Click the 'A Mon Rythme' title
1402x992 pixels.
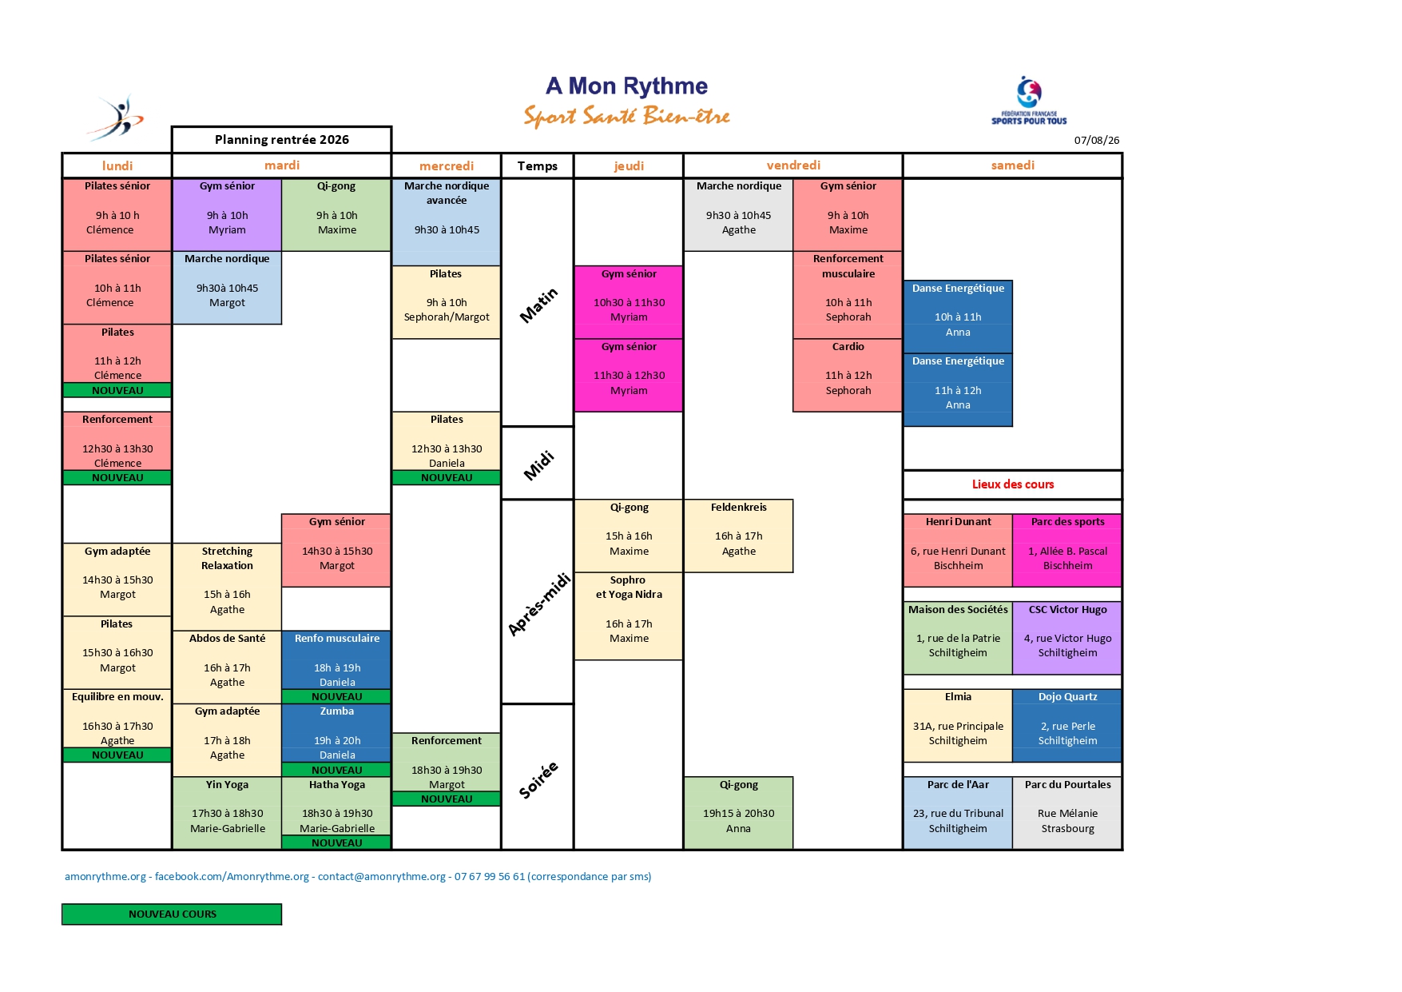tap(627, 86)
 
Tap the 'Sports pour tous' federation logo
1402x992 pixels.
tap(1029, 101)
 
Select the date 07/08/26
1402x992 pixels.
tap(1096, 141)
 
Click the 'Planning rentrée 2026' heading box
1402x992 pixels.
tap(282, 139)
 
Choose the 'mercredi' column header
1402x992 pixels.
tap(447, 165)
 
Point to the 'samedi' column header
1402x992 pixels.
tap(1012, 165)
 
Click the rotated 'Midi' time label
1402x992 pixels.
tap(538, 464)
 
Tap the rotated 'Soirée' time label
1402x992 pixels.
tap(538, 779)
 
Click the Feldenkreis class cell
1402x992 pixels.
tap(739, 536)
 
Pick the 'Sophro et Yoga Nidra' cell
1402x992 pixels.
tap(629, 616)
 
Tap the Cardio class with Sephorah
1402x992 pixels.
tap(848, 376)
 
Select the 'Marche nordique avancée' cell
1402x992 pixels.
tap(447, 222)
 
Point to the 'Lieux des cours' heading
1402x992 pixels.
tap(1012, 484)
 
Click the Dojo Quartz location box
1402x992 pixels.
tap(1067, 726)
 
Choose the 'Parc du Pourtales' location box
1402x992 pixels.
tap(1067, 813)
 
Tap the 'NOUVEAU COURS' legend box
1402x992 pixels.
tap(172, 914)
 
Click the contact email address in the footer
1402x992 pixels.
tap(382, 877)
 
